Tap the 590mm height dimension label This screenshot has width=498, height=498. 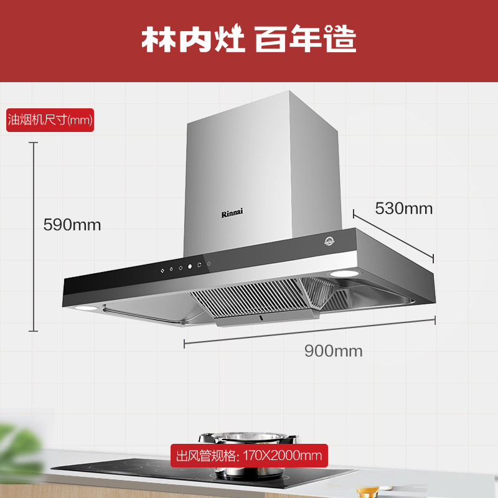tap(72, 225)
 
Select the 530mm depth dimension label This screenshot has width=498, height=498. tap(403, 208)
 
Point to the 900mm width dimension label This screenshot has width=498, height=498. tap(333, 350)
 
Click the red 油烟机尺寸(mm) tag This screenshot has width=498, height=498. tap(50, 120)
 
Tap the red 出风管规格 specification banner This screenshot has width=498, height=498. tap(249, 456)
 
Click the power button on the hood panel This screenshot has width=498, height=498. tap(209, 263)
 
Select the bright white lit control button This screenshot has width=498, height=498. tap(189, 266)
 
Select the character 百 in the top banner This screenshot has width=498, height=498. tap(270, 39)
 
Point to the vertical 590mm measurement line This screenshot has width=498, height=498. tap(34, 237)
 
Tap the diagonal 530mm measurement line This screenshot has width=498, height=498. tap(393, 235)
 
